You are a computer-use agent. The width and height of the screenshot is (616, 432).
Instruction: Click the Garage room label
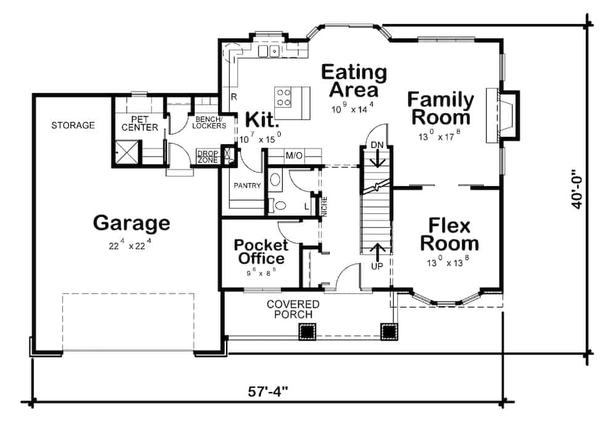131,222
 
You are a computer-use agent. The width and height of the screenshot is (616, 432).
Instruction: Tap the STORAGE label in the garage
73,125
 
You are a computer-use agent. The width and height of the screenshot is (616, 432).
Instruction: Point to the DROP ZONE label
207,157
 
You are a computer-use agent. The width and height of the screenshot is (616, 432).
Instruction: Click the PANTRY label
247,185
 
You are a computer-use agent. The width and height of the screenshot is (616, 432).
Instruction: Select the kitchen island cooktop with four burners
283,97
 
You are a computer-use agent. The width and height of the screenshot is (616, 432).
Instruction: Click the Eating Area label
354,81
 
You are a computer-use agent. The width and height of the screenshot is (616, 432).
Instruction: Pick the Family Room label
441,107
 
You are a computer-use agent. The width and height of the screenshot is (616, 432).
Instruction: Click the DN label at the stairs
377,145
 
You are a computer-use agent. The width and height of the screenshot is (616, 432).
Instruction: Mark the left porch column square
307,332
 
